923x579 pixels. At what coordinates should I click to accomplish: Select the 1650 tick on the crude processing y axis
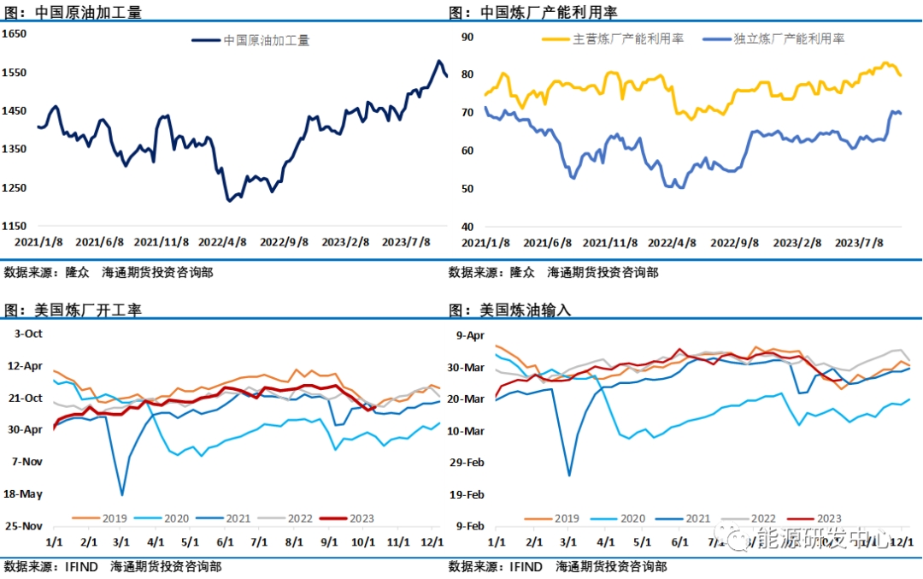15,33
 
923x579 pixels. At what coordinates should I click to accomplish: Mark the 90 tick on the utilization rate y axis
467,37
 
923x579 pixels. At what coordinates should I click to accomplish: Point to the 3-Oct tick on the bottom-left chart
25,333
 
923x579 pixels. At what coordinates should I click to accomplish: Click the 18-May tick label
23,494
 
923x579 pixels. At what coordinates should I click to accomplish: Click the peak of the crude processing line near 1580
439,61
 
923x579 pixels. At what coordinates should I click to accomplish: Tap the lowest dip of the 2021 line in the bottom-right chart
569,475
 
